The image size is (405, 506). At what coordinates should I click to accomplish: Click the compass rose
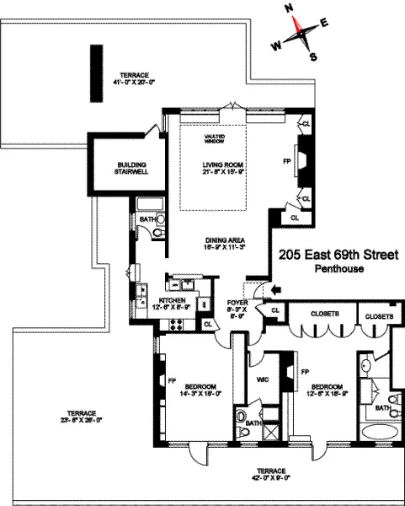pos(298,35)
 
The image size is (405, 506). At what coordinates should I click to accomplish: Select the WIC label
pos(262,379)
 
